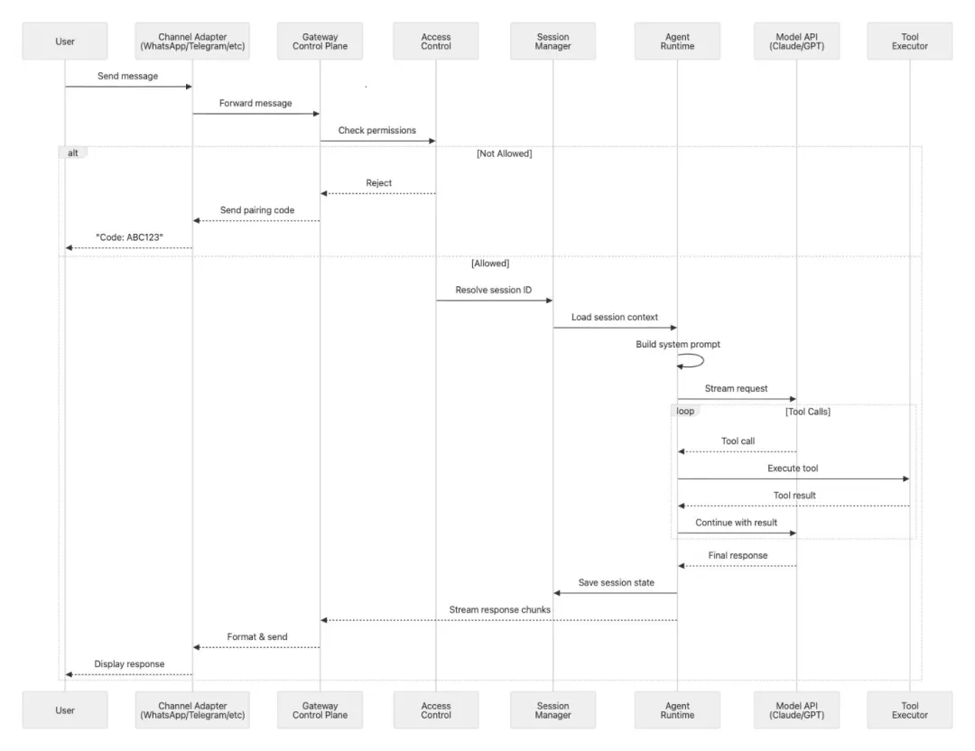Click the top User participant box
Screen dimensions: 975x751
pos(65,42)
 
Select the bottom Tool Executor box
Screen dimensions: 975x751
pos(909,710)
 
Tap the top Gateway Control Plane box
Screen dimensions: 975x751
pos(320,42)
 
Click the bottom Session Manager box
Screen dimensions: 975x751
pos(552,710)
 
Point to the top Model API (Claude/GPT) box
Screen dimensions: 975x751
pos(796,42)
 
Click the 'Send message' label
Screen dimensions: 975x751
pos(127,77)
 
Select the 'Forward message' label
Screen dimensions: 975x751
pos(255,104)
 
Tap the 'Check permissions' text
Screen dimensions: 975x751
pos(377,131)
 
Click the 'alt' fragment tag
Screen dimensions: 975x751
pos(73,153)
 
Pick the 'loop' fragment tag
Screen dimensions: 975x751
pos(686,412)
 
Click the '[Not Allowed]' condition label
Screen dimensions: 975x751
pos(504,154)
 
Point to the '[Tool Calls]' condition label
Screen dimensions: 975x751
pos(807,412)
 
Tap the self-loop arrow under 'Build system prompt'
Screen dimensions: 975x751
pos(692,361)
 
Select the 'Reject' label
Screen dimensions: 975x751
pos(378,183)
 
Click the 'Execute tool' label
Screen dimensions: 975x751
pos(793,468)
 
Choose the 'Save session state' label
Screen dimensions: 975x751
pos(616,583)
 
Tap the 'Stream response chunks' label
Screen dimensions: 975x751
pos(500,610)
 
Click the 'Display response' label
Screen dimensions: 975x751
pos(129,664)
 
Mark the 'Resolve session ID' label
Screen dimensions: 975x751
pos(494,291)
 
